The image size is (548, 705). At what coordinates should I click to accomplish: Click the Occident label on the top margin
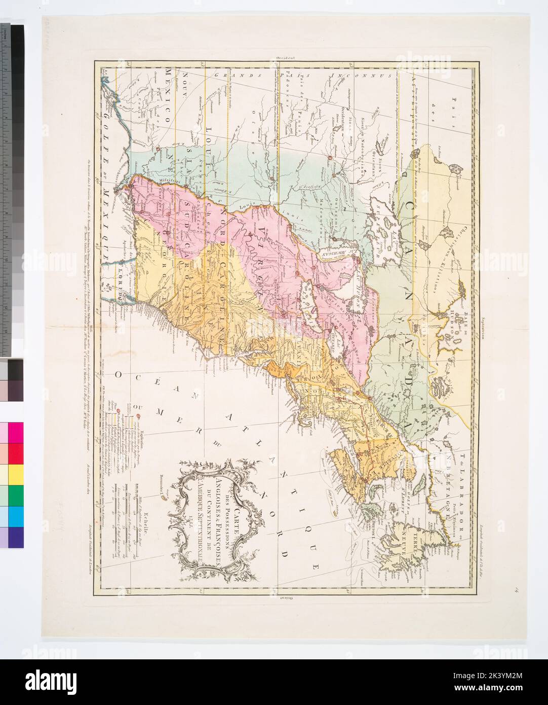pyautogui.click(x=285, y=58)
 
